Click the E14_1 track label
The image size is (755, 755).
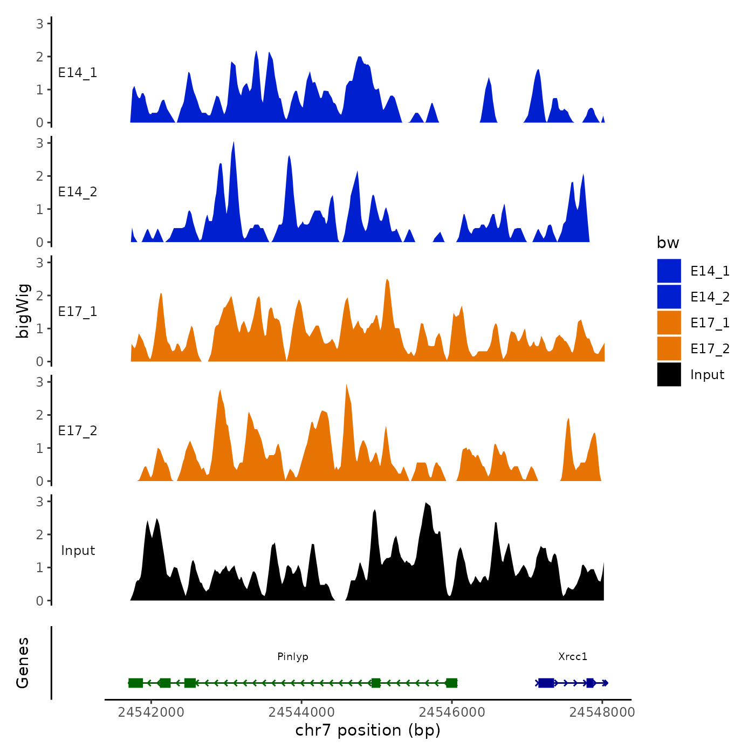(78, 73)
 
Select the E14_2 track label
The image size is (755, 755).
(78, 192)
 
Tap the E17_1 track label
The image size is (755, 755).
(78, 312)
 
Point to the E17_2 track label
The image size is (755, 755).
(78, 431)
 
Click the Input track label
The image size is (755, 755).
(78, 551)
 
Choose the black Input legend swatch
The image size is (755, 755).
(669, 374)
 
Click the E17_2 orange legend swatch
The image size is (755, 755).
(669, 348)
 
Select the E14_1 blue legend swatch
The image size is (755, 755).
(669, 271)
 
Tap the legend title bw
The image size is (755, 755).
(668, 243)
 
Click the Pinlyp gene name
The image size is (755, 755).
(293, 656)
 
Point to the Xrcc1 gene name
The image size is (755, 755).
(573, 656)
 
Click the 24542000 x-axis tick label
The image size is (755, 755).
(151, 712)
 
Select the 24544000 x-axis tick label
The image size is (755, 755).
(301, 712)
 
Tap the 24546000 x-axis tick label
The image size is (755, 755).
(452, 712)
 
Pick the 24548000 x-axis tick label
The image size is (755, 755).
(602, 712)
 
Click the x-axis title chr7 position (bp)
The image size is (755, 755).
(368, 730)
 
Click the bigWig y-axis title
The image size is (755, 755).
(23, 311)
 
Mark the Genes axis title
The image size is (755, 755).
(23, 663)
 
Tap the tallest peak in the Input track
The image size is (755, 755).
(426, 504)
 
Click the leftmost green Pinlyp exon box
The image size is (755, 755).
(135, 683)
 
